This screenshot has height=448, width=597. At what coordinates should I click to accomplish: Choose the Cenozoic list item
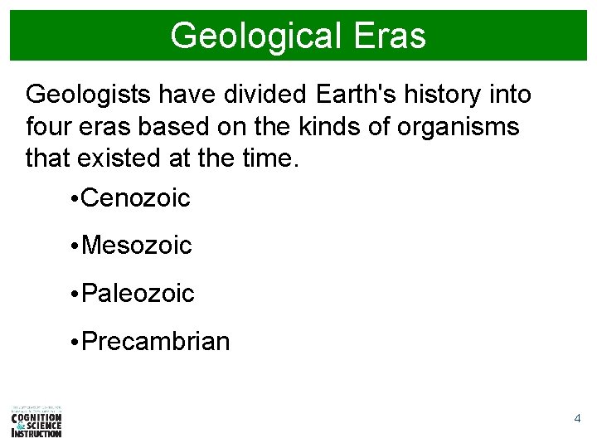point(137,198)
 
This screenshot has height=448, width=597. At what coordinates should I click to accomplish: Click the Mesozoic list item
point(138,246)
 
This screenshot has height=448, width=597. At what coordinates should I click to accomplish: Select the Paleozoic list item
point(138,293)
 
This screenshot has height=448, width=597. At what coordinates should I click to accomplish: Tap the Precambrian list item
point(156,341)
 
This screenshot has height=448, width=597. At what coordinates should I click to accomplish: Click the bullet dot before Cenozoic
point(75,199)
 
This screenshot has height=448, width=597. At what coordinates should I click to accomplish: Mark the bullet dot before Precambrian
point(75,342)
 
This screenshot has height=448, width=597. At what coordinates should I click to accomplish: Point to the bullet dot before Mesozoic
point(75,246)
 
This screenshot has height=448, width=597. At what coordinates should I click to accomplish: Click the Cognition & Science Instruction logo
point(36,421)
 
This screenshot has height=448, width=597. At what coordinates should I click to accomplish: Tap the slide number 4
point(577,419)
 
